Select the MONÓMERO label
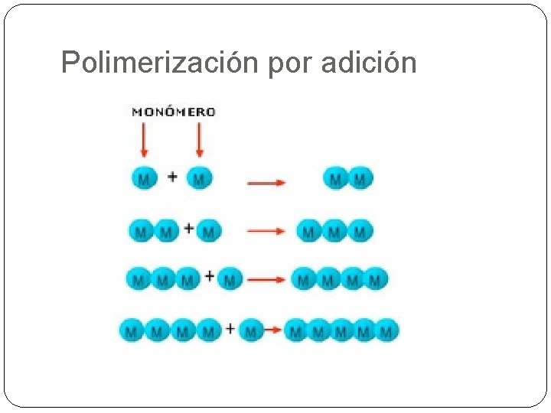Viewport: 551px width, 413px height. pyautogui.click(x=174, y=112)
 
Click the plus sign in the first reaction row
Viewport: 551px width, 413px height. pyautogui.click(x=172, y=177)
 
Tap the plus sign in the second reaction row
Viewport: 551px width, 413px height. pyautogui.click(x=188, y=229)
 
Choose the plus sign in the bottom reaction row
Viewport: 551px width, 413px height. pyautogui.click(x=230, y=329)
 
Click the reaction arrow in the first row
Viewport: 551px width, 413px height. pyautogui.click(x=266, y=183)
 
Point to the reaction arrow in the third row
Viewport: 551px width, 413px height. pyautogui.click(x=266, y=280)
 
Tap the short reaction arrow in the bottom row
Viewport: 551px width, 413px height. pyautogui.click(x=272, y=331)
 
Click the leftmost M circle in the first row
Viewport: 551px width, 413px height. pyautogui.click(x=144, y=178)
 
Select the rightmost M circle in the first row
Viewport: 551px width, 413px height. pyautogui.click(x=361, y=179)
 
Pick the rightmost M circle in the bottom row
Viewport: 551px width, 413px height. pyautogui.click(x=386, y=331)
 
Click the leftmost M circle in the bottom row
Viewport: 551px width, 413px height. pyautogui.click(x=132, y=331)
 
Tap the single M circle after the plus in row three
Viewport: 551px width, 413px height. pyautogui.click(x=230, y=279)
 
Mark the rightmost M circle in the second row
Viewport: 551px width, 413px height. pyautogui.click(x=360, y=230)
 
